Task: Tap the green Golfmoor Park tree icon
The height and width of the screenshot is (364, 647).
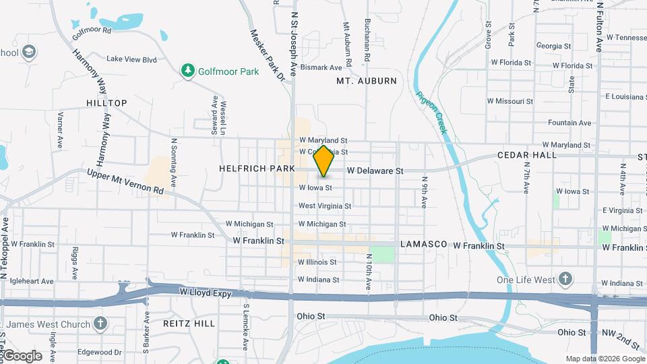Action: pos(188,71)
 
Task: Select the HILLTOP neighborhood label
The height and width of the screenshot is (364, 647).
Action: pos(106,103)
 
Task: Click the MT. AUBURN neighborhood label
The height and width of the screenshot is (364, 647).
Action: pos(366,81)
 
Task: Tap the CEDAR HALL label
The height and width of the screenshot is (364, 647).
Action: pos(527,155)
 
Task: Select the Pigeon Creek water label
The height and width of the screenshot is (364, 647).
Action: pos(431,112)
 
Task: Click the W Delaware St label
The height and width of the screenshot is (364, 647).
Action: pos(375,171)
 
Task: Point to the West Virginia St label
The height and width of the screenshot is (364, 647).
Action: pos(325,206)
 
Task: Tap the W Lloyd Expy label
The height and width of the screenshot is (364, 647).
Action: pos(206,293)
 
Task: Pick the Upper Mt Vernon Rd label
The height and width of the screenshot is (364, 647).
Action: pos(125,182)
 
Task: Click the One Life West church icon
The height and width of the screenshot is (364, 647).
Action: pos(565,279)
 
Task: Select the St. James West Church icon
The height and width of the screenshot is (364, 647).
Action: pos(100,324)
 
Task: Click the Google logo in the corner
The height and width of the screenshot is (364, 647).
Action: pos(22,356)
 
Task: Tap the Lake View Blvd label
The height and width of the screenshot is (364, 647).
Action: pos(131,59)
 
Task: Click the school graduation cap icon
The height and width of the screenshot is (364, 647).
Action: pos(28,52)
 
